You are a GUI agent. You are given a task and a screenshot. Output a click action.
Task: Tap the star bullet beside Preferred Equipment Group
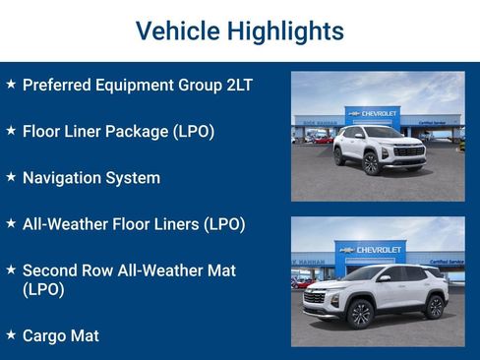pyautogui.click(x=11, y=85)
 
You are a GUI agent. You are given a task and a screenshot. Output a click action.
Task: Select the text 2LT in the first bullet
pyautogui.click(x=237, y=85)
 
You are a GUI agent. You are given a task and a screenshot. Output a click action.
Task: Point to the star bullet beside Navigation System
pyautogui.click(x=11, y=177)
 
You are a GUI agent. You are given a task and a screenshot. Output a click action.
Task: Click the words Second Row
pyautogui.click(x=72, y=270)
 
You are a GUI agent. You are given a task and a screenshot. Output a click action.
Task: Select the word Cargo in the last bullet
pyautogui.click(x=45, y=335)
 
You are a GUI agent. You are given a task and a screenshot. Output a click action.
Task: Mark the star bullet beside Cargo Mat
pyautogui.click(x=11, y=334)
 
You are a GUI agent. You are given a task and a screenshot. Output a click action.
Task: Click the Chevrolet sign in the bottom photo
pyautogui.click(x=373, y=250)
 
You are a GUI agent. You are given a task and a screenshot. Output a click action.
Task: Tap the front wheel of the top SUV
pyautogui.click(x=371, y=162)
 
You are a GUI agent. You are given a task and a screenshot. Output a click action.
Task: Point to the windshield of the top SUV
pyautogui.click(x=383, y=132)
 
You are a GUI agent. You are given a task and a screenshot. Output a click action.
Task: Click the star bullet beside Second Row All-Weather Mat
pyautogui.click(x=11, y=269)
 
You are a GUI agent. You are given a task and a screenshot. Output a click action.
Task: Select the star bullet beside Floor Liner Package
pyautogui.click(x=11, y=130)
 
